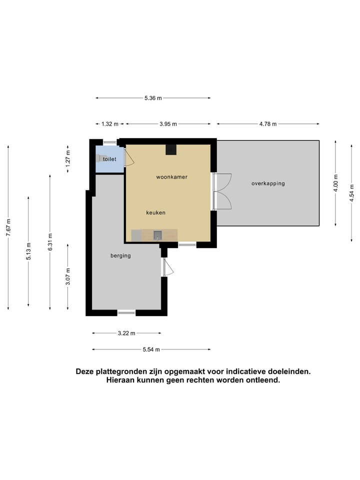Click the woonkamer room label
pos(171,177)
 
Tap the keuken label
pos(155,212)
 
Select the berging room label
pos(120,255)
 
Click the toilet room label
pos(109,159)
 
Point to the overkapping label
pos(268,183)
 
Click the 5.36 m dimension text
pos(153,98)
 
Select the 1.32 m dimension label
pos(109,124)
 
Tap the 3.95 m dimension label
pos(167,124)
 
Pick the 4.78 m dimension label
pos(267,124)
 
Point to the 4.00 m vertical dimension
pos(336,183)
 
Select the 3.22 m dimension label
pos(126,332)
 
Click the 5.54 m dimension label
pos(150,349)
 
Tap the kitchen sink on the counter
pos(157,235)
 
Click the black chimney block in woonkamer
pos(171,149)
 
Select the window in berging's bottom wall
pos(126,312)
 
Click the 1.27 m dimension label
pos(68,157)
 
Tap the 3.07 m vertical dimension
pos(68,276)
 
